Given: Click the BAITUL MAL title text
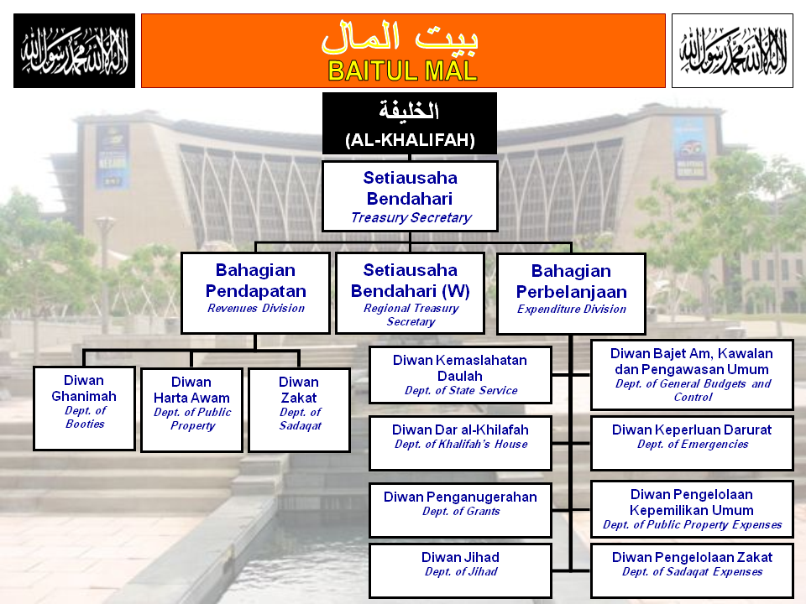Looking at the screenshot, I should point(402,70).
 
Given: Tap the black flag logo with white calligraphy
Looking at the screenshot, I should point(74,50).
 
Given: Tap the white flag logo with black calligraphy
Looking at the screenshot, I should point(732,50).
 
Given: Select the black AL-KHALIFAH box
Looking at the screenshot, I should point(410,123).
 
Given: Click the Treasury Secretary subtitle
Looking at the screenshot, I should point(411,218).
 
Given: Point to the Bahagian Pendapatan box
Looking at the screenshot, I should point(256,292).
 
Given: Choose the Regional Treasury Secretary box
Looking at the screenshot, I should point(411,293).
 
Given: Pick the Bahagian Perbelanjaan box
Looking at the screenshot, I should point(571,293).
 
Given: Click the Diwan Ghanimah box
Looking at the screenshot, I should point(85,408).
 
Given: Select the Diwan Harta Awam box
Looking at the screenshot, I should point(191,409).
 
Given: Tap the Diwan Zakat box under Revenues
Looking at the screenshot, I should point(300,409).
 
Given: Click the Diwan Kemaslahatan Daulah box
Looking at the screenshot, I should point(460,375).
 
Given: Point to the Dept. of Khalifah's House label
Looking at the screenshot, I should point(461,445).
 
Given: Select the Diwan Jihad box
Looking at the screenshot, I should point(460,570).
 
